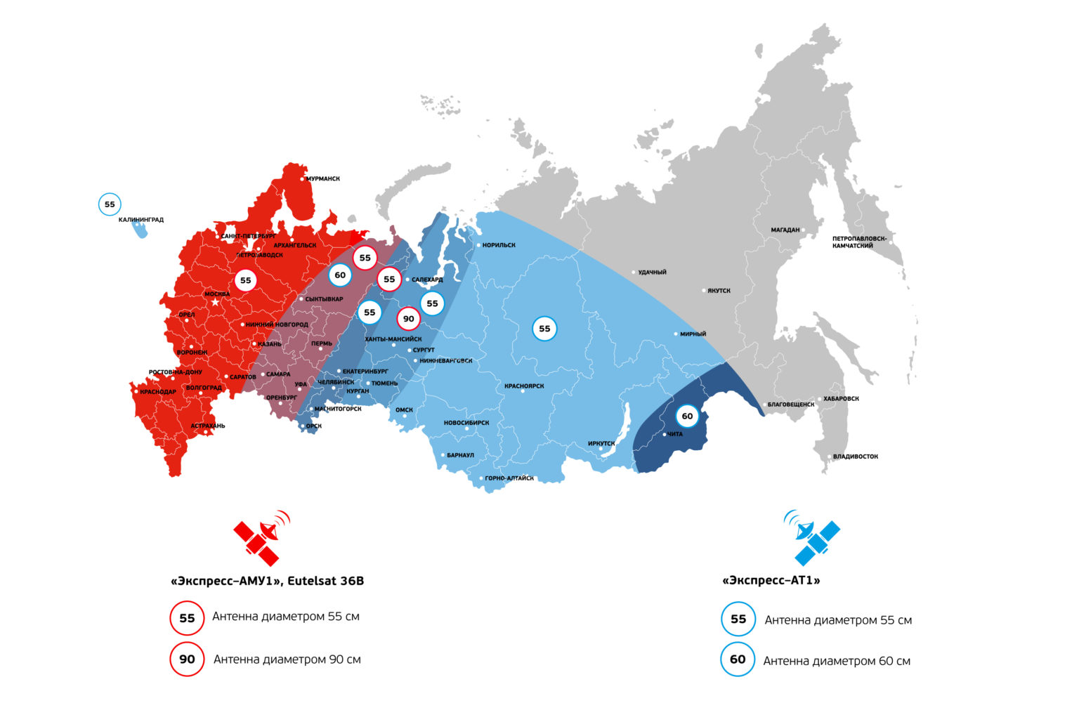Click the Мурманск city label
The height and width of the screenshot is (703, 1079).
[322, 179]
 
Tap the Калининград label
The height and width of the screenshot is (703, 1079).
[140, 220]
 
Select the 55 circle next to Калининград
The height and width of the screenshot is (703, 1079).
[110, 204]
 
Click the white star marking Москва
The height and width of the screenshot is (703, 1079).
[216, 302]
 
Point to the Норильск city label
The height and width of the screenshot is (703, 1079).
[499, 245]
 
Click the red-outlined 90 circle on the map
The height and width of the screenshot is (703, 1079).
[408, 319]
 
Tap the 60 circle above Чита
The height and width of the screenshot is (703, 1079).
[687, 416]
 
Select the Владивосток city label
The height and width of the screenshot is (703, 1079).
[855, 456]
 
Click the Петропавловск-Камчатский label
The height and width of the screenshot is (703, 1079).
[859, 242]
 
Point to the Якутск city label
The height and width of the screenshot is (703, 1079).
[719, 291]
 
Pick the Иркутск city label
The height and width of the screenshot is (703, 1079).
[601, 444]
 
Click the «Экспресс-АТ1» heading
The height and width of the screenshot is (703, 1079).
[771, 581]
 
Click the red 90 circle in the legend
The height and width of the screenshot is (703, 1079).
[187, 659]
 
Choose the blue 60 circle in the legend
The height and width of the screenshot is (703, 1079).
[738, 659]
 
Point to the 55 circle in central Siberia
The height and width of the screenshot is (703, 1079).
[544, 329]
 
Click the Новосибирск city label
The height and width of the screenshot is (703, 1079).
[466, 423]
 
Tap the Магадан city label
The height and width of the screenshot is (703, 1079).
[785, 230]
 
